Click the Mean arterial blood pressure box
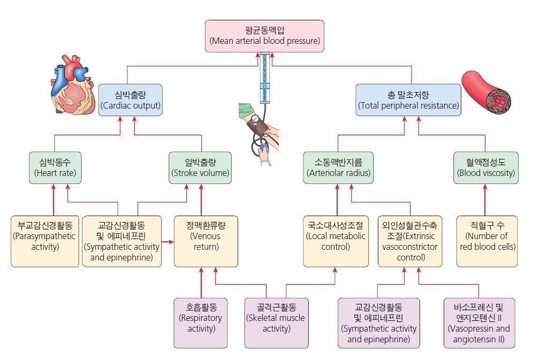pos(264,36)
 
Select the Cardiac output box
pos(131,99)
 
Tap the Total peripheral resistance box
pos(408,99)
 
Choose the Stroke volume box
pos(201,167)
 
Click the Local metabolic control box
pos(336,241)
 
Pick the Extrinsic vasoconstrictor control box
pos(410,241)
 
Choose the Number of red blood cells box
pos(487,241)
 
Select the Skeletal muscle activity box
pos(276,323)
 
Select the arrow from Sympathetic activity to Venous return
pos(167,242)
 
